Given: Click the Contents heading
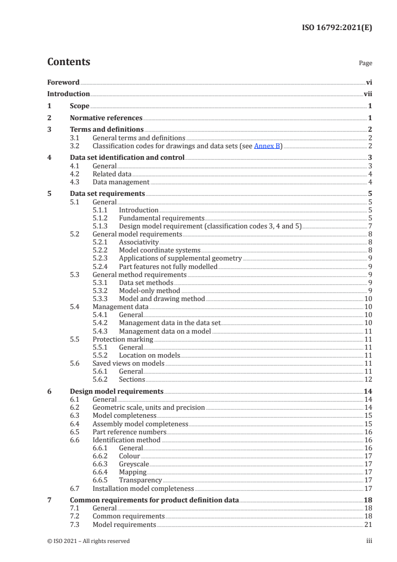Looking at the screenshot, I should point(69,62).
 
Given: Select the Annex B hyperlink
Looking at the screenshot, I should point(268,146).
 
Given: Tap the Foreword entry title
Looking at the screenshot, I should point(63,82).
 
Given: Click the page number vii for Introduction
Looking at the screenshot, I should point(367,94).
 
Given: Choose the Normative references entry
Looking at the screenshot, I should point(106,118).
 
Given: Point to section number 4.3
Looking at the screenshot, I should point(75,182).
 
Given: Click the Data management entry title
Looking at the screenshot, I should point(121,182).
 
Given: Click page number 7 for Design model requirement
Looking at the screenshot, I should point(369,226).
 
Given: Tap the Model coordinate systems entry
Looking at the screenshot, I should point(159,250).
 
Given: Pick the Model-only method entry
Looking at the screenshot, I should point(149,291).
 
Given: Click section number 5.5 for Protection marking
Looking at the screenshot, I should point(75,339).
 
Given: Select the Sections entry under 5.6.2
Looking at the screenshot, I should point(132,379).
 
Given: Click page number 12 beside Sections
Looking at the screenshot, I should point(368,379).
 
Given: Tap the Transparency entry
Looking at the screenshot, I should point(140,480).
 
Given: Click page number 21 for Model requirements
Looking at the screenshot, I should point(368,524).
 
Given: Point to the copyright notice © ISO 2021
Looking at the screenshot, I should point(89,541).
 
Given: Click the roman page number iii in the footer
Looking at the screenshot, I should point(369,541).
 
